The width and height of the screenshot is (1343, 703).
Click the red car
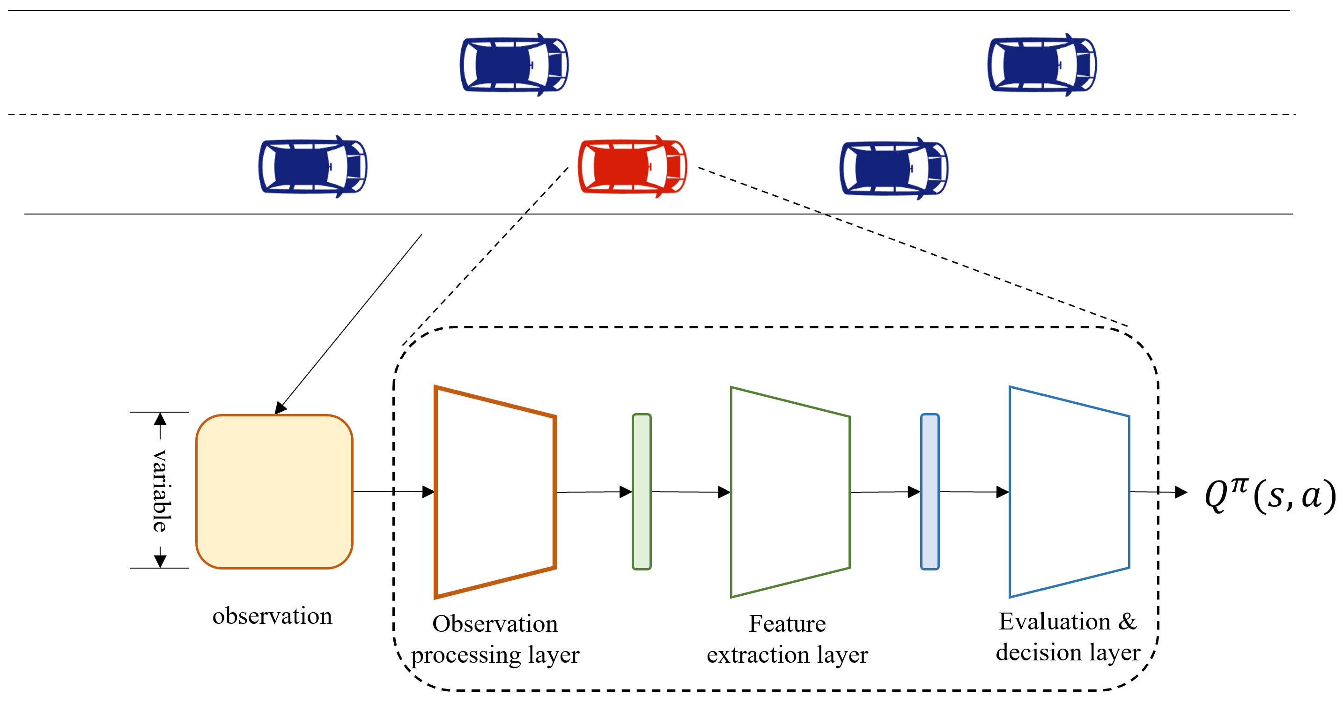click(x=632, y=167)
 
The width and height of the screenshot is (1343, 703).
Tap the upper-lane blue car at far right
click(x=1041, y=65)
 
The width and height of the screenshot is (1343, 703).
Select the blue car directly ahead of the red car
click(x=893, y=168)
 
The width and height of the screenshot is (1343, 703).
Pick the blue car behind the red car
click(x=313, y=167)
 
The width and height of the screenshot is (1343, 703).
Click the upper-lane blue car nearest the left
click(x=514, y=65)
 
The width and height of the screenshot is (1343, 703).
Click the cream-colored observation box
click(x=274, y=491)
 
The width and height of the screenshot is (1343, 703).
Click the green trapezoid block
click(x=790, y=491)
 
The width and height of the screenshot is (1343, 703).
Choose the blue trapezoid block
click(x=1069, y=491)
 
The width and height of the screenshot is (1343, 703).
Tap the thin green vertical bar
click(x=641, y=491)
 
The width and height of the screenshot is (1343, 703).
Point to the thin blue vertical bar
click(x=930, y=491)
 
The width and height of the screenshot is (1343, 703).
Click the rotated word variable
click(x=160, y=490)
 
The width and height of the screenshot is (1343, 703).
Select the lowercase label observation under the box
click(x=272, y=616)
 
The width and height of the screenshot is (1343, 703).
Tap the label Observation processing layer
click(x=495, y=639)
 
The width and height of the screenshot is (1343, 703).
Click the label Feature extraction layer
click(x=787, y=639)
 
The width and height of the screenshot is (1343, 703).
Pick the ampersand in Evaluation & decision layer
click(x=1128, y=622)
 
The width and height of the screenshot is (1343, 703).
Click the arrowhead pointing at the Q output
click(x=1181, y=492)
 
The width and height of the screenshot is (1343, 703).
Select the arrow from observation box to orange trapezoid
click(x=394, y=491)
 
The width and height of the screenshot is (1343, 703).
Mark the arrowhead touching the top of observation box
click(x=280, y=408)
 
